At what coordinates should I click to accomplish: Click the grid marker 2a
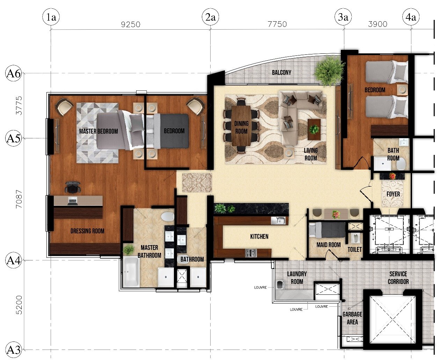tap(211, 17)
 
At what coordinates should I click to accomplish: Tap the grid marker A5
tap(13, 138)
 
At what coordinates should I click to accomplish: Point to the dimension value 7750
tap(277, 24)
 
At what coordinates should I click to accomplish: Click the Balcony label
tap(281, 73)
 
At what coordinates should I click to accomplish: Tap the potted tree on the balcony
tap(329, 70)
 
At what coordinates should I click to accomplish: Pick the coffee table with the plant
tap(314, 129)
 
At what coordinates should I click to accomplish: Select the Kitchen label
tap(259, 236)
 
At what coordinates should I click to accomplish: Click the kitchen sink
tap(278, 220)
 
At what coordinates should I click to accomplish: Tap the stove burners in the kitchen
tap(251, 253)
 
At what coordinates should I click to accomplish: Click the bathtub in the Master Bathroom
tap(131, 272)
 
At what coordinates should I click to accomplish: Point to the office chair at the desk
tap(73, 187)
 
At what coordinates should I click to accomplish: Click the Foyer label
tap(393, 194)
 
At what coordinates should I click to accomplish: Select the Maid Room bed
tap(327, 230)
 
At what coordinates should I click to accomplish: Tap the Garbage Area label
tap(352, 318)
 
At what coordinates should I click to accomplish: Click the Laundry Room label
tap(297, 278)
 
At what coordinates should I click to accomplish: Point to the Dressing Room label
tap(87, 231)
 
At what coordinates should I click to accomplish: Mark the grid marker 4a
tap(411, 17)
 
